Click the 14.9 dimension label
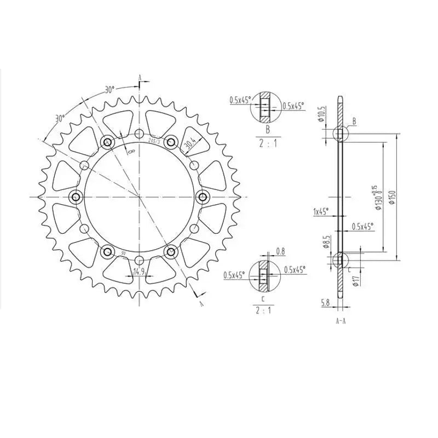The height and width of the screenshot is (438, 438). pyautogui.click(x=138, y=271)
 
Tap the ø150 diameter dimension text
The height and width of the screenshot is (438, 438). pyautogui.click(x=391, y=195)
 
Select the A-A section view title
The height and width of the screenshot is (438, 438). pyautogui.click(x=341, y=321)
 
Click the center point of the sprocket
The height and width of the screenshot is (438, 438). pyautogui.click(x=139, y=196)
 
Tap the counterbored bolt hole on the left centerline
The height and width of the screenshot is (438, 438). pyautogui.click(x=75, y=196)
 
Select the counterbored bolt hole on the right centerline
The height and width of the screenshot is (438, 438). pyautogui.click(x=203, y=196)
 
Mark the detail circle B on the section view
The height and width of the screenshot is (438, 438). pyautogui.click(x=341, y=133)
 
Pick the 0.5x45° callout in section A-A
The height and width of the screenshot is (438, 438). pyautogui.click(x=362, y=226)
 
